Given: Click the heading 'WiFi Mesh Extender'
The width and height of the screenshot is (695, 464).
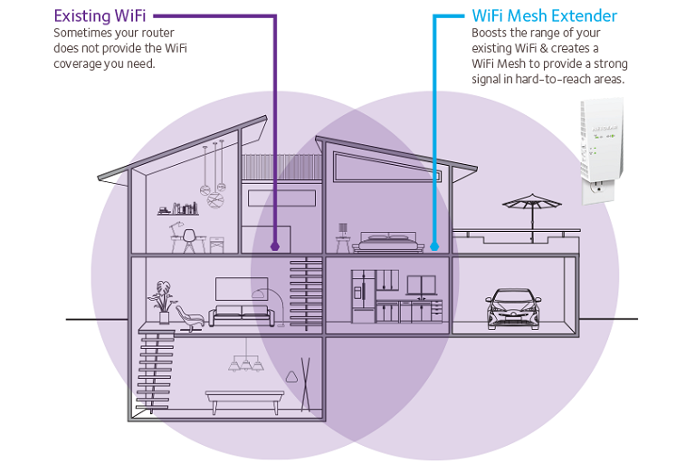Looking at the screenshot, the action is (545, 15).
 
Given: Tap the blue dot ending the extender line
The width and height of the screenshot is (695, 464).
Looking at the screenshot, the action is (435, 245).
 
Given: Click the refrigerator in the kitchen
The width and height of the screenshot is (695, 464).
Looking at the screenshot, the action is (363, 295).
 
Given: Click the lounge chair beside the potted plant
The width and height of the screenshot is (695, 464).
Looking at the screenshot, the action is (190, 315).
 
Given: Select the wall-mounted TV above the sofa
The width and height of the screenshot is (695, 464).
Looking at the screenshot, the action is (241, 289).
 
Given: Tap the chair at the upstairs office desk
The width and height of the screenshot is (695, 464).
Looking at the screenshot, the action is (189, 239).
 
